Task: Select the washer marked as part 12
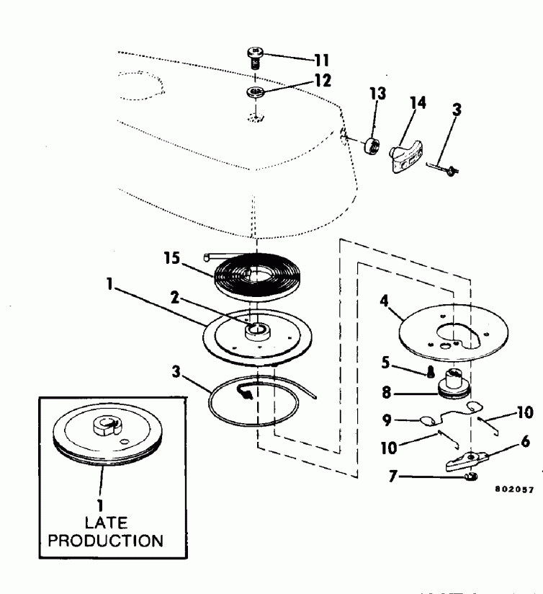tap(256, 92)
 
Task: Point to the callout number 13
tap(377, 94)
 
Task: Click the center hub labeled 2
tap(257, 332)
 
